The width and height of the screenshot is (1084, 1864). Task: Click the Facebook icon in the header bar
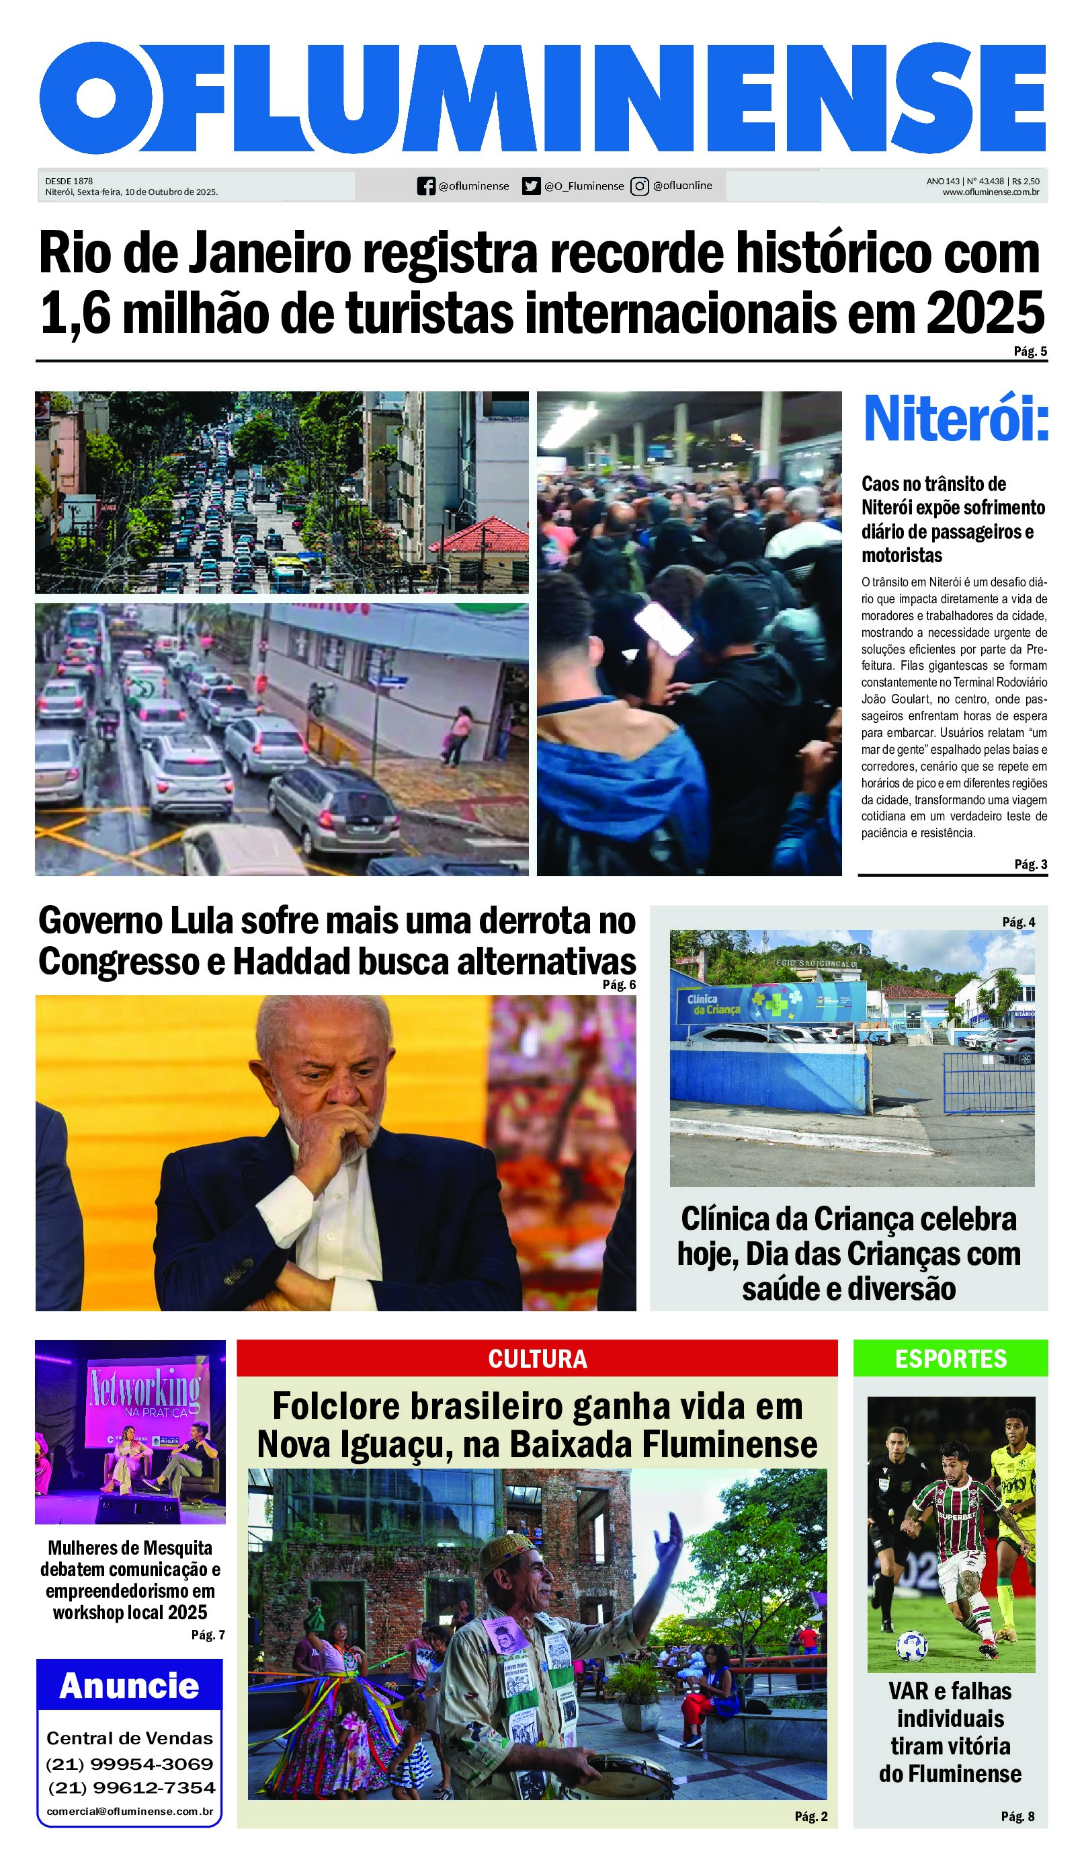[426, 186]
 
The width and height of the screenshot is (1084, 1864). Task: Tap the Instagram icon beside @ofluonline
[640, 186]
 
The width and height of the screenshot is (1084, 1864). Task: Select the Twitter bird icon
[531, 186]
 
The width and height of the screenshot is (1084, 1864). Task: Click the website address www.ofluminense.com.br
[990, 192]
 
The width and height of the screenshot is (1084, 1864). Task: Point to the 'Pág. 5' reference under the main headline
[1030, 351]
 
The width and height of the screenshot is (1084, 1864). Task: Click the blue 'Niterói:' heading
[956, 420]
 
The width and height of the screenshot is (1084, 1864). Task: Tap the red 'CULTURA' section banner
[538, 1359]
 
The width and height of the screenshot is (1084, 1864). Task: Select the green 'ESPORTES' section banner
[951, 1359]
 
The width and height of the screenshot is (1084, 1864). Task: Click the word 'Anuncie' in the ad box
[130, 1686]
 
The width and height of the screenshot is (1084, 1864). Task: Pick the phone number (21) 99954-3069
[130, 1764]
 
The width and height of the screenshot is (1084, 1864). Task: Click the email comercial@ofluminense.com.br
[130, 1812]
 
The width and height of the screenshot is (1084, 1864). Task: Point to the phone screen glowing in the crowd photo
[666, 628]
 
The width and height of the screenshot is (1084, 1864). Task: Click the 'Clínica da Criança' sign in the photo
[714, 1004]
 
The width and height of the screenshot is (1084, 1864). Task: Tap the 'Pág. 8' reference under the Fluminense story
[1017, 1816]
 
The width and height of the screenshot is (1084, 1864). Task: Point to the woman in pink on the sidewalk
[457, 735]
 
